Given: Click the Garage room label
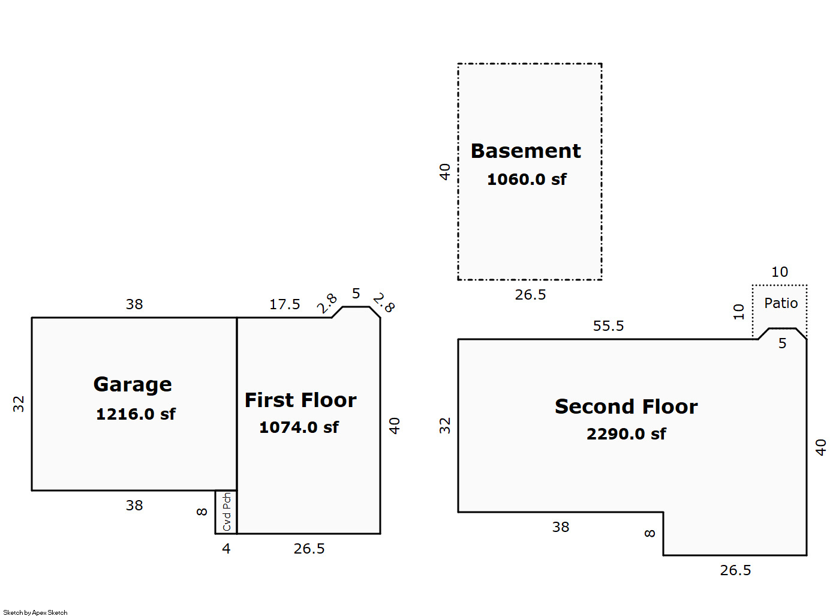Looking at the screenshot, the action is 133,385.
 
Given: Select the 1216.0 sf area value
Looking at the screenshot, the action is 136,414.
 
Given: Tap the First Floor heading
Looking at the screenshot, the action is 300,400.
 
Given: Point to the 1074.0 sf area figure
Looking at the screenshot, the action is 299,427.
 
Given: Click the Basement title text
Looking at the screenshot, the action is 525,151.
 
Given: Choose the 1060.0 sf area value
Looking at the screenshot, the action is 527,179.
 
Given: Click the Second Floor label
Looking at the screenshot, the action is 626,407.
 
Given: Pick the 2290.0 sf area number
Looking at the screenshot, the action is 626,434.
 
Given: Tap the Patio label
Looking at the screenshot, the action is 781,303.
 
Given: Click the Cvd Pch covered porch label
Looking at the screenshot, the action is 227,512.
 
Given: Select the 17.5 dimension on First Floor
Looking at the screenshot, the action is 285,304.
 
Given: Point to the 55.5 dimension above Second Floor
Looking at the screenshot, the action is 608,326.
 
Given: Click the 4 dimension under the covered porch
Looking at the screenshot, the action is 226,549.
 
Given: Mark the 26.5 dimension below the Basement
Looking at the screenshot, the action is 530,295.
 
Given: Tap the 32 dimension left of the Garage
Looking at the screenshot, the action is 19,404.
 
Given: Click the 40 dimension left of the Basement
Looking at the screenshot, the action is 444,172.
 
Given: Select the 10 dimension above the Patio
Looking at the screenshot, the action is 780,272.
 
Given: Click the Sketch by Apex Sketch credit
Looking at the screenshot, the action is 35,612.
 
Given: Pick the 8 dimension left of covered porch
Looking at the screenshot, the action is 202,512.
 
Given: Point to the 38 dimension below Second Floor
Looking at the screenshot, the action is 561,527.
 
